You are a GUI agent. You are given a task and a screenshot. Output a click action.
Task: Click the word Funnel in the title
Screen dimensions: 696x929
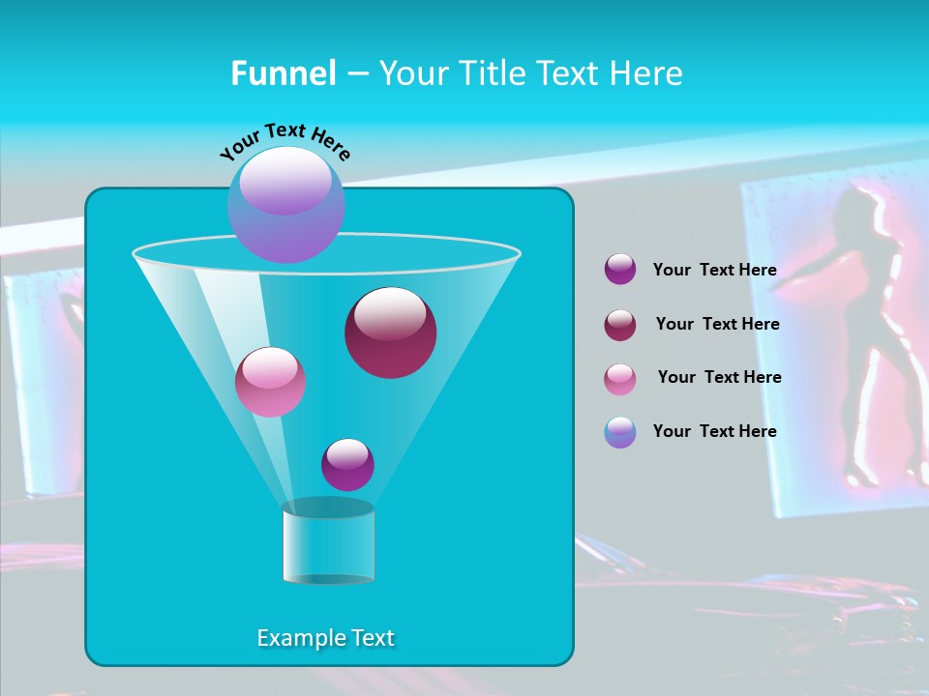(283, 73)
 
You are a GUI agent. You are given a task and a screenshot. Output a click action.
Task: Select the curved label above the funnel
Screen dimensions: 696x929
(285, 142)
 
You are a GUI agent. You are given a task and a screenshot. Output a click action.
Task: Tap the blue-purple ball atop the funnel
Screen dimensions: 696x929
(286, 205)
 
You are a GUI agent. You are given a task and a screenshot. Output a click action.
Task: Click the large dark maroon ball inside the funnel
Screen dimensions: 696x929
(391, 333)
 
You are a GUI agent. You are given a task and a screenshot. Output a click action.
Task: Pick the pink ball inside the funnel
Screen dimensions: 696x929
(270, 382)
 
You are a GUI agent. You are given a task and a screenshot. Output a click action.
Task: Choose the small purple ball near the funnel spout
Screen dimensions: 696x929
(347, 464)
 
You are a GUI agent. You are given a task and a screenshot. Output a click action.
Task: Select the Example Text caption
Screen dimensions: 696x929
(326, 638)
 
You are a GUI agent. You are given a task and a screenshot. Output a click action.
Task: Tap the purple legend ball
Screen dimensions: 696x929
(620, 270)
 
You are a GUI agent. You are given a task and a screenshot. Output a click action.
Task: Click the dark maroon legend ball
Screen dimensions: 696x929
(620, 325)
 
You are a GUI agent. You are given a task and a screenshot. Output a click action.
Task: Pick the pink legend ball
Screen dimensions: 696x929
(620, 379)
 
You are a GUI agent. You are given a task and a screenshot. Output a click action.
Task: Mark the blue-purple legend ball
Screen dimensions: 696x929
(620, 432)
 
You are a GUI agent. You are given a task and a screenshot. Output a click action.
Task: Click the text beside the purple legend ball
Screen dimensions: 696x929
(714, 271)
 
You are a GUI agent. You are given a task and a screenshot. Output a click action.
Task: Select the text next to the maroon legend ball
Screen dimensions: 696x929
(717, 325)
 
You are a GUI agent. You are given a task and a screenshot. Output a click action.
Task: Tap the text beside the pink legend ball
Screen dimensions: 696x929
(719, 378)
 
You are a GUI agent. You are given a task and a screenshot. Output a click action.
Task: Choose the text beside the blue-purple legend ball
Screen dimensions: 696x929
(714, 432)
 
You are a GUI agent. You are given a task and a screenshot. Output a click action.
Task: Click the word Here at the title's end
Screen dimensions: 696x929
(647, 73)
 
